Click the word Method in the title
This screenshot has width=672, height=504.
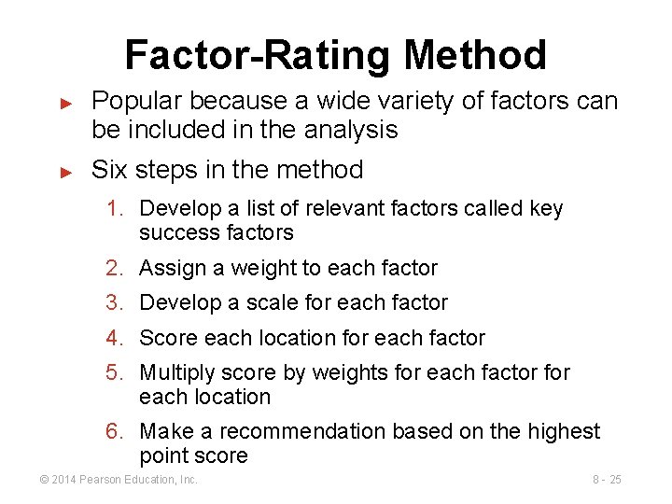point(475,55)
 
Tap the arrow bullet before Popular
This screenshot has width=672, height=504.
point(66,101)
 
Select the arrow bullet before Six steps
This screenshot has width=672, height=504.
point(66,171)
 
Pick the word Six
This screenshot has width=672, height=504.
point(109,170)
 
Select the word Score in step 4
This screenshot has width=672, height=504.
point(168,337)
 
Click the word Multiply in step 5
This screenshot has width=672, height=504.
point(177,372)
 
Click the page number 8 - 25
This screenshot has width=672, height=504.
point(607,480)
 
